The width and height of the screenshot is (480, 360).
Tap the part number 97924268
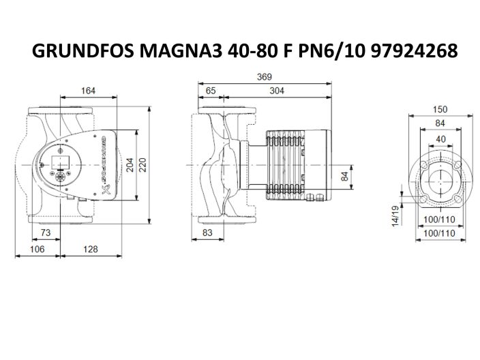tap(412, 51)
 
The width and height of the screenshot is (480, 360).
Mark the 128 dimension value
tap(91, 250)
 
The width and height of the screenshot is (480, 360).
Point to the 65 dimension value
tap(211, 90)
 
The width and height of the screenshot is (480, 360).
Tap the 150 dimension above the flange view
tap(440, 109)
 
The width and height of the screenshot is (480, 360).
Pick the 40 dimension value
tap(440, 138)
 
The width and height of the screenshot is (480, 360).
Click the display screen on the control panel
tap(55, 162)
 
